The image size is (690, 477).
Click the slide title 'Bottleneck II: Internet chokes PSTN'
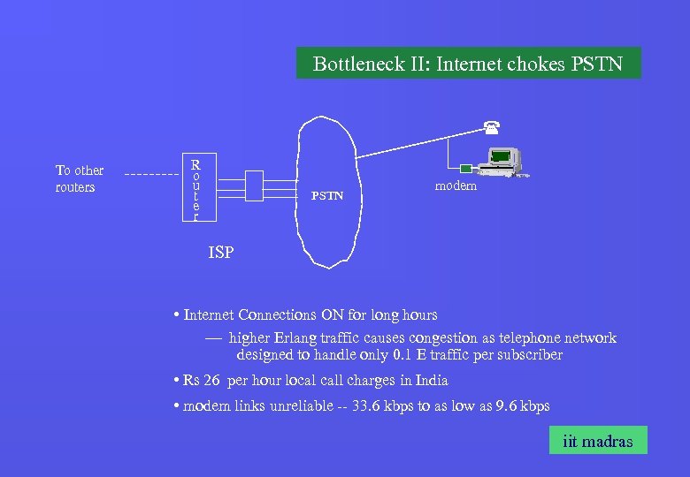click(468, 64)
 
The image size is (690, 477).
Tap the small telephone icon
click(488, 126)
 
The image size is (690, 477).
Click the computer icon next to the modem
click(501, 160)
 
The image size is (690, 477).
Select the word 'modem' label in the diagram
click(456, 185)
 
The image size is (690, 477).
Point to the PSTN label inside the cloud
click(327, 195)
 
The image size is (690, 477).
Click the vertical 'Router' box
click(195, 188)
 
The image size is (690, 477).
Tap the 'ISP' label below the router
click(221, 253)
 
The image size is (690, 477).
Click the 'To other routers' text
click(79, 178)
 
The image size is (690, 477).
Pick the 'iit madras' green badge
click(597, 441)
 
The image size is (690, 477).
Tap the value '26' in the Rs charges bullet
click(211, 381)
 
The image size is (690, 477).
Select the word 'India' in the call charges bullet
click(429, 381)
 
